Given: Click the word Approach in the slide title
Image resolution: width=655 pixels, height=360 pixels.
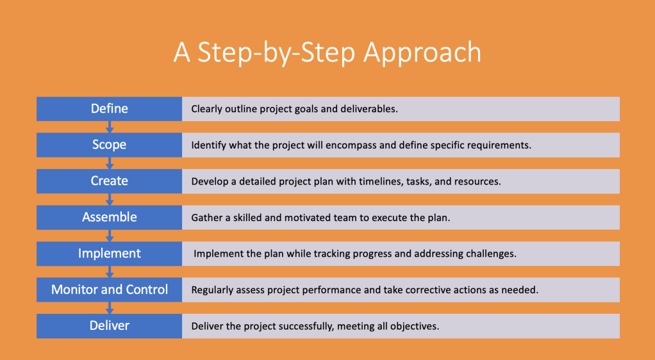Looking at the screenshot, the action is point(422,53).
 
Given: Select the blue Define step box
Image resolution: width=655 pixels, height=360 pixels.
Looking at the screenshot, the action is point(109,109).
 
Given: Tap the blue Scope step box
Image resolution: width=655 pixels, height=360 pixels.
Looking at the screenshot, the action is point(109,145).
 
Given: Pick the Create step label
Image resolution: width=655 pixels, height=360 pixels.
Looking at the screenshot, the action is point(109,181).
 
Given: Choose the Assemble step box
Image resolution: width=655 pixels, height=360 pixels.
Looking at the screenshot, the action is point(109,218).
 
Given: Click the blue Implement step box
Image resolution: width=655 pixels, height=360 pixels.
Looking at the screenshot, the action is point(109,254).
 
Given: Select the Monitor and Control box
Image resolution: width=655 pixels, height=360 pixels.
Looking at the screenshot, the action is point(109,290).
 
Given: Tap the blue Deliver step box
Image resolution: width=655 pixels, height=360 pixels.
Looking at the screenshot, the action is point(109,326).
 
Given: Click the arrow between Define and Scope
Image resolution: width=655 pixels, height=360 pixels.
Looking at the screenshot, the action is point(110,127).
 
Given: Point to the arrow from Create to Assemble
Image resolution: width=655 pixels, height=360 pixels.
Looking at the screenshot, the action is point(110,200).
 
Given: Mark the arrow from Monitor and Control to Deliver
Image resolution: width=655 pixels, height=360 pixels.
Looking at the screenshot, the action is point(110,308).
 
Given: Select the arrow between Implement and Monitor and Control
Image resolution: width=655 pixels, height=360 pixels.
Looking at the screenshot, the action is point(110,272).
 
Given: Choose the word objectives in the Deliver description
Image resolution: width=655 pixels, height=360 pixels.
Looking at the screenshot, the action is point(415,327).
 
